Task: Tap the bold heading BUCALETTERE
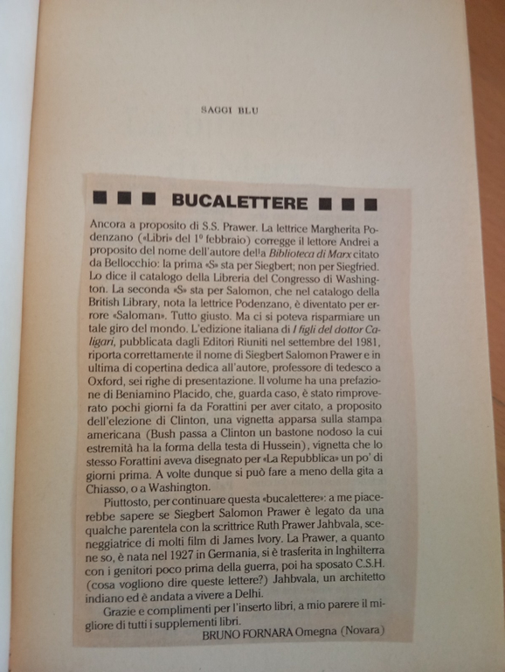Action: click(239, 202)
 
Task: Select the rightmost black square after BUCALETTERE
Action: click(370, 205)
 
